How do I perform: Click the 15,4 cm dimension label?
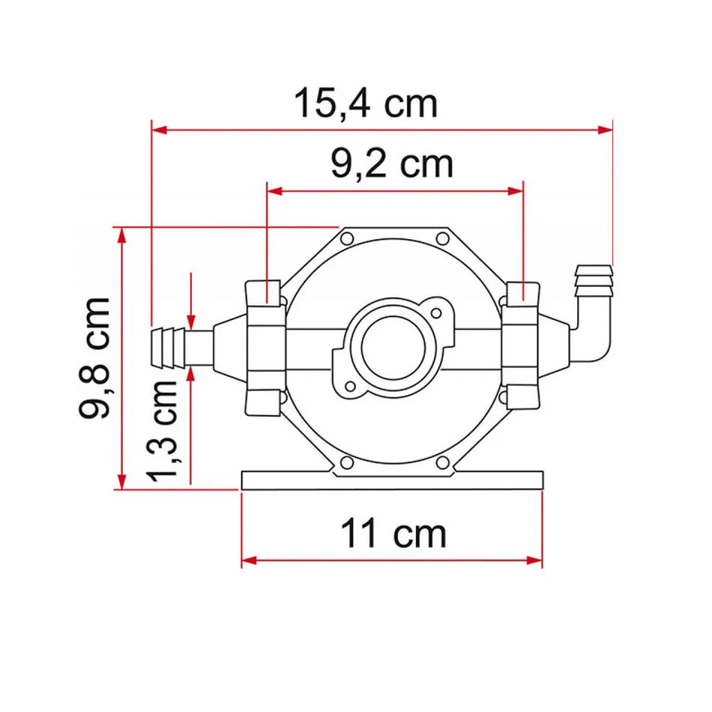pyautogui.click(x=365, y=103)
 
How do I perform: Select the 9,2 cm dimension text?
pyautogui.click(x=392, y=163)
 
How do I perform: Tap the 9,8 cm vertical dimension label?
pyautogui.click(x=95, y=357)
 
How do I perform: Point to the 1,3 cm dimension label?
pyautogui.click(x=163, y=430)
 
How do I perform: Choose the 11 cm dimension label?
pyautogui.click(x=393, y=534)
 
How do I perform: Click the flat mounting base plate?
pyautogui.click(x=391, y=480)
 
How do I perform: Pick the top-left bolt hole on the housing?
pyautogui.click(x=346, y=239)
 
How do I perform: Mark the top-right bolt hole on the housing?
pyautogui.click(x=441, y=239)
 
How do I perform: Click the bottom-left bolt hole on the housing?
pyautogui.click(x=346, y=462)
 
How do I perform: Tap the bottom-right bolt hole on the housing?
pyautogui.click(x=441, y=462)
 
